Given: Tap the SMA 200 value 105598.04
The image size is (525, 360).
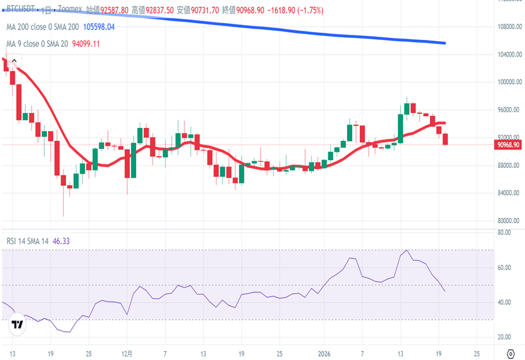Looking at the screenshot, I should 94,27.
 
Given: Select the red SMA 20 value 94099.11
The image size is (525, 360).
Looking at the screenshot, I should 85,44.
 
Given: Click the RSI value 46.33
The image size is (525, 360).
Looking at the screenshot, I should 61,241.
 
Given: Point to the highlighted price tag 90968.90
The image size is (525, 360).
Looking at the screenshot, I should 508,145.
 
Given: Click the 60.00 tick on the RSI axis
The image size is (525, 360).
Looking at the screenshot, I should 504,267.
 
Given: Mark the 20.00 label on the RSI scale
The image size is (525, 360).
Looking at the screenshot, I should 504,337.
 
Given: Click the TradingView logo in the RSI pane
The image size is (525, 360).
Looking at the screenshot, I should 17,325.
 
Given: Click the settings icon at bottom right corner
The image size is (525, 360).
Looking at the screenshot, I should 510,354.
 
